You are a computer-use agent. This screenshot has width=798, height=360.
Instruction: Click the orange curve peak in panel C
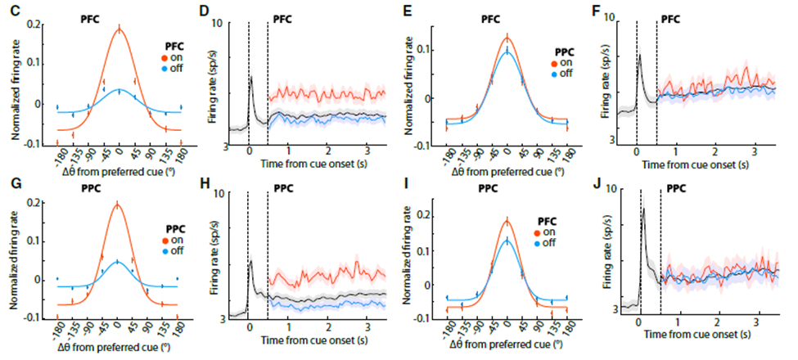pos(119,30)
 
